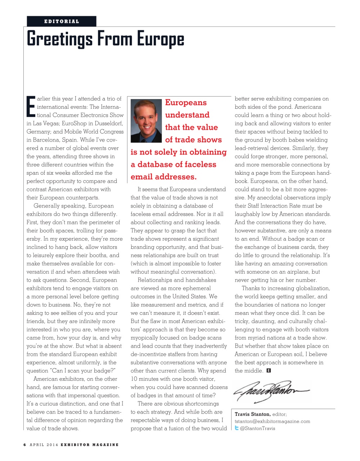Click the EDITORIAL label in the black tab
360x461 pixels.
(x=62, y=21)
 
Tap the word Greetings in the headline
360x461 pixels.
(x=60, y=39)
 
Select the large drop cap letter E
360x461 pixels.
(x=31, y=107)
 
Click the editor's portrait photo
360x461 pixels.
(x=146, y=121)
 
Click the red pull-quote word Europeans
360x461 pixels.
(x=186, y=103)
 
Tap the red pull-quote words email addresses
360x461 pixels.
(x=163, y=177)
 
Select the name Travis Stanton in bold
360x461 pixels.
(x=252, y=414)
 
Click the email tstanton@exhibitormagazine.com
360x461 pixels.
(x=272, y=421)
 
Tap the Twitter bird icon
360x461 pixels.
(x=237, y=428)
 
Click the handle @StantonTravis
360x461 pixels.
(x=257, y=429)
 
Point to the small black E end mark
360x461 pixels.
(x=269, y=371)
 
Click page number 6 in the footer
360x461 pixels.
(x=25, y=445)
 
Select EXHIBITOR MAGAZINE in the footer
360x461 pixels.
(x=89, y=445)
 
